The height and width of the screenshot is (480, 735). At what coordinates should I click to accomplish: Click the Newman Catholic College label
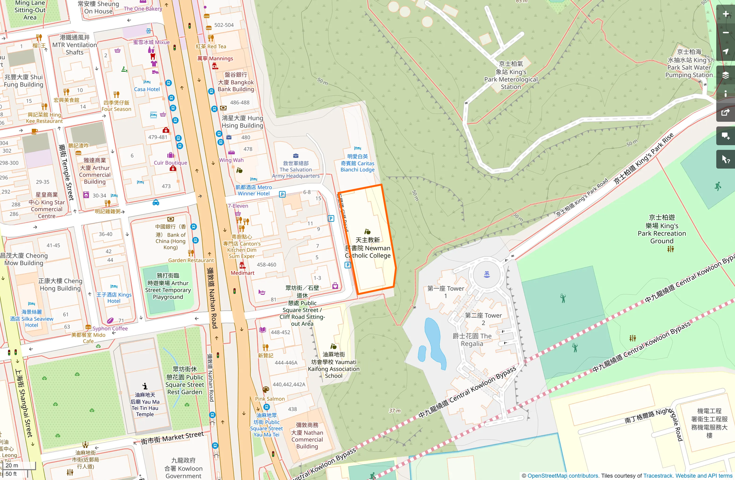(x=368, y=248)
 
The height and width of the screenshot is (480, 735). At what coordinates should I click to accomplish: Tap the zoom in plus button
(x=726, y=14)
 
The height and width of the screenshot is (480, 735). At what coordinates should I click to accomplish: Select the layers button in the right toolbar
(x=726, y=75)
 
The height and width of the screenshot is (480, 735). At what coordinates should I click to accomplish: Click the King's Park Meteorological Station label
(x=511, y=75)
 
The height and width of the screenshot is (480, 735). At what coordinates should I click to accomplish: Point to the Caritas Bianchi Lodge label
(x=357, y=163)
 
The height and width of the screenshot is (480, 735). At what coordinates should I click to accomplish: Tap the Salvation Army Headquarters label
(x=296, y=169)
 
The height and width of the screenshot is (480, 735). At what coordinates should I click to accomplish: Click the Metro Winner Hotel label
(x=254, y=190)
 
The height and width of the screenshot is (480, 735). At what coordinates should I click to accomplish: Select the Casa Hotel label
(x=147, y=89)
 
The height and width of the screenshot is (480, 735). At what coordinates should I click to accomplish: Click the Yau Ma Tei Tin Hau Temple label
(x=145, y=405)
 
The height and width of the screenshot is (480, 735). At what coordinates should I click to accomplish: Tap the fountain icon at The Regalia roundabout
(x=486, y=274)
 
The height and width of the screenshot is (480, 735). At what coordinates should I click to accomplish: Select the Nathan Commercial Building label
(x=307, y=436)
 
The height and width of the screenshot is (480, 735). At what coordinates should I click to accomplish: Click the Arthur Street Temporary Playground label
(x=168, y=286)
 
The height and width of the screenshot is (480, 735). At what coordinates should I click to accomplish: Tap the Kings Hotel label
(x=114, y=298)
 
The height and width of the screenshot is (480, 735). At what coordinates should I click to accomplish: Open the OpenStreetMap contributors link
(x=563, y=476)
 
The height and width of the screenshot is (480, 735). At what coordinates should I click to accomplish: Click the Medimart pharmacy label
(x=242, y=273)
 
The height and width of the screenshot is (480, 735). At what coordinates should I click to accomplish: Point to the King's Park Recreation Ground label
(x=662, y=229)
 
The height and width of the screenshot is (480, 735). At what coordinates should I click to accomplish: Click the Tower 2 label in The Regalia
(x=483, y=319)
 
